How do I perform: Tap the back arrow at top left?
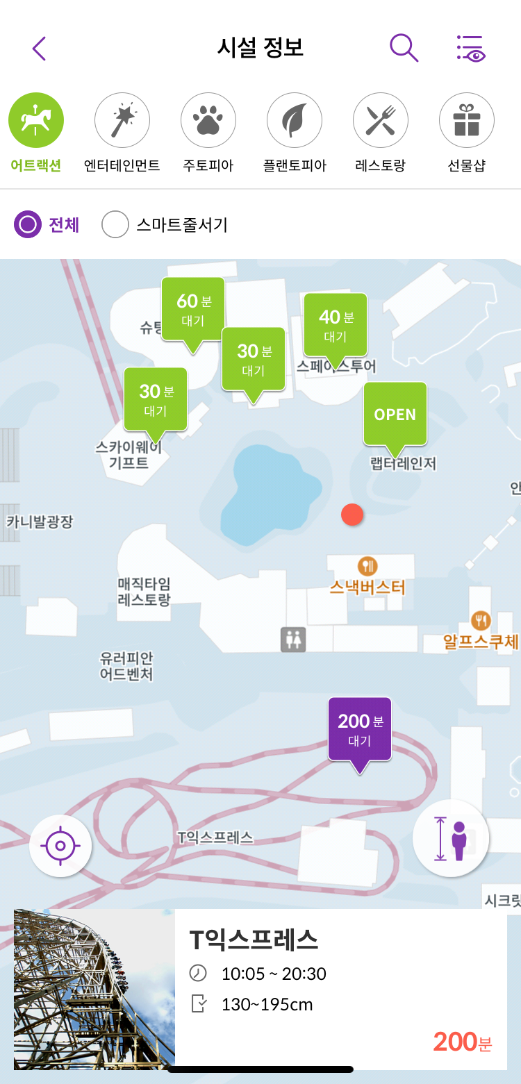coord(39,49)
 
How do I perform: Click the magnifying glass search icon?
coord(404,48)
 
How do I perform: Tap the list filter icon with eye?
coord(470,49)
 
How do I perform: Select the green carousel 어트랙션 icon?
coord(36,121)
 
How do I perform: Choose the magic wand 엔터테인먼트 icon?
coord(122,121)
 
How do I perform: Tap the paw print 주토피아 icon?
coord(208,121)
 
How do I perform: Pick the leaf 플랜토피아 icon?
coord(295,121)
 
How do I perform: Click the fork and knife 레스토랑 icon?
coord(381,121)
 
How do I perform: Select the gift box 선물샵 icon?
coord(467,121)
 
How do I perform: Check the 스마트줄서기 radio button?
coord(115,225)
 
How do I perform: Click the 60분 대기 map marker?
coord(193,310)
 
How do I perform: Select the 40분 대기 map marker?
coord(336,326)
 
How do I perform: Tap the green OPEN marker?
coord(395,414)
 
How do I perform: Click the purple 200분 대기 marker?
coord(360,729)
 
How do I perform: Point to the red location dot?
coord(352,515)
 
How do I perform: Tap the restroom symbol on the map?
coord(293,640)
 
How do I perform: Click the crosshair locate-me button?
coord(60,846)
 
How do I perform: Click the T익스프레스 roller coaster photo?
coord(94,989)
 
